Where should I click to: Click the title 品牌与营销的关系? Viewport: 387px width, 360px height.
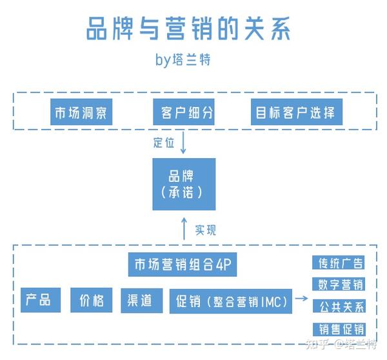tap(188, 28)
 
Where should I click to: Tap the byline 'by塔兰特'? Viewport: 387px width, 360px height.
tap(183, 59)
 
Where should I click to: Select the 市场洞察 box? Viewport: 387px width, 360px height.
tap(81, 112)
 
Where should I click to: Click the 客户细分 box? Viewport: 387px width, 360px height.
tap(184, 112)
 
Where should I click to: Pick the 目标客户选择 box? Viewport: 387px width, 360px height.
tap(297, 112)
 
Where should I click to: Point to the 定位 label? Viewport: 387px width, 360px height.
tap(164, 143)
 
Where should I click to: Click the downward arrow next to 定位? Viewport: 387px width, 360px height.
tap(183, 143)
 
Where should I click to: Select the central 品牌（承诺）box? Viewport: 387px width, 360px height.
tap(184, 185)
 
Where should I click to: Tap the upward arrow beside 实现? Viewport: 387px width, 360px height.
tap(184, 229)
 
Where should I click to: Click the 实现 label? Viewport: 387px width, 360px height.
tap(205, 230)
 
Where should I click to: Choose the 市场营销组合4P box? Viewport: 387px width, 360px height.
tap(183, 265)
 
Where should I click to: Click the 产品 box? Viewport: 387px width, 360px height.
tap(41, 300)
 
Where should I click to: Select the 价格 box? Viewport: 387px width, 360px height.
tap(92, 300)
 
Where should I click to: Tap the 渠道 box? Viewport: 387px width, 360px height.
tap(142, 301)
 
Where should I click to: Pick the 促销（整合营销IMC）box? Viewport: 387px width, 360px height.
tap(231, 301)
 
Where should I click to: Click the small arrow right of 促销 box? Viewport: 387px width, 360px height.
tap(302, 299)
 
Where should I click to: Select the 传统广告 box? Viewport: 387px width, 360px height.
tap(339, 263)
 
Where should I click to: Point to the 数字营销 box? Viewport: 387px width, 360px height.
tap(339, 285)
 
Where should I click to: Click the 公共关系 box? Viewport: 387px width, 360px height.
tap(339, 306)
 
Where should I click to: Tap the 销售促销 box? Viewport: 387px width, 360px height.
tap(339, 330)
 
